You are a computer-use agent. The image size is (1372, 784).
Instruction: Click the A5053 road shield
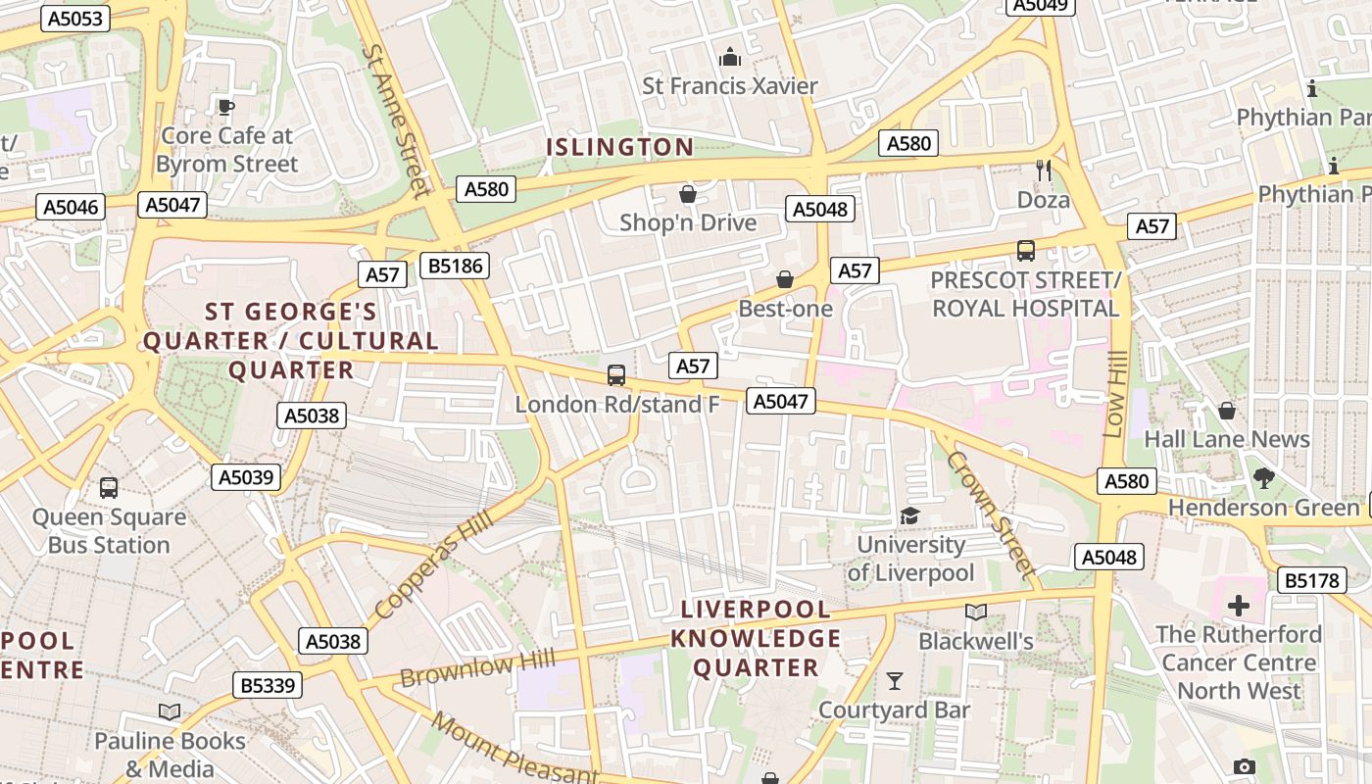[x=74, y=19]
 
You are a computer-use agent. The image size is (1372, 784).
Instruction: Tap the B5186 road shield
[x=454, y=265]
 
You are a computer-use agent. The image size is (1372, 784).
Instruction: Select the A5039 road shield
[x=246, y=477]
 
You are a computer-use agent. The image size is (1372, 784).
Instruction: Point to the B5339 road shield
[x=268, y=685]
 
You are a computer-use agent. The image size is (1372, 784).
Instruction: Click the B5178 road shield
[x=1311, y=580]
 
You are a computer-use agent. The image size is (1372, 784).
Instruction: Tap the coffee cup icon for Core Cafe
[x=226, y=107]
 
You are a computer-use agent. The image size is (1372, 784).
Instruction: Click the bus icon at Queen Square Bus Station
[x=109, y=487]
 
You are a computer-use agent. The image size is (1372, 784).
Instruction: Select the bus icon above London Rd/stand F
[x=616, y=374]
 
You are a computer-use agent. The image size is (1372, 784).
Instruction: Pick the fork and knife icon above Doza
[x=1043, y=171]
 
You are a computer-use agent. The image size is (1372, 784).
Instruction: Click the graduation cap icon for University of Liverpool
[x=910, y=515]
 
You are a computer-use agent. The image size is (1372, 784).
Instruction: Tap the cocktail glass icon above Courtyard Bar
[x=894, y=680]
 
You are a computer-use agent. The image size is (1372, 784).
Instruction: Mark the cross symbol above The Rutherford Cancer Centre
[x=1239, y=605]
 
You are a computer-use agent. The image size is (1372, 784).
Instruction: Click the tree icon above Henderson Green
[x=1263, y=478]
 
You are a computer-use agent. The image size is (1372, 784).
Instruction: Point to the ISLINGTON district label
[x=619, y=148]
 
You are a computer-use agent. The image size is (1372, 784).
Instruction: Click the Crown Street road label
[x=991, y=514]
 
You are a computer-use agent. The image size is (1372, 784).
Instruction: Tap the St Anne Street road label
[x=397, y=120]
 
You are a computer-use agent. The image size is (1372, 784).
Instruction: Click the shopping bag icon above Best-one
[x=785, y=280]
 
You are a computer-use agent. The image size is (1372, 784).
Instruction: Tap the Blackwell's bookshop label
[x=975, y=641]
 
